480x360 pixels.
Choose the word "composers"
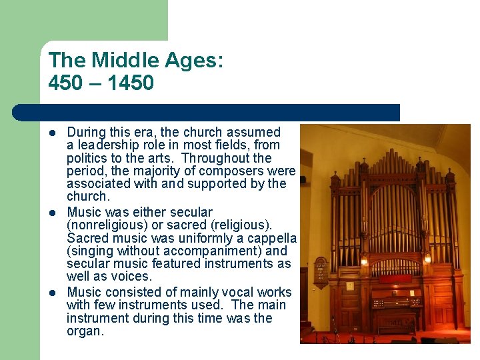(235, 171)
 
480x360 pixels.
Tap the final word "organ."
(85, 331)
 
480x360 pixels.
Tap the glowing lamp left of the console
(364, 261)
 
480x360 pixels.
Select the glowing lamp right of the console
(427, 257)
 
